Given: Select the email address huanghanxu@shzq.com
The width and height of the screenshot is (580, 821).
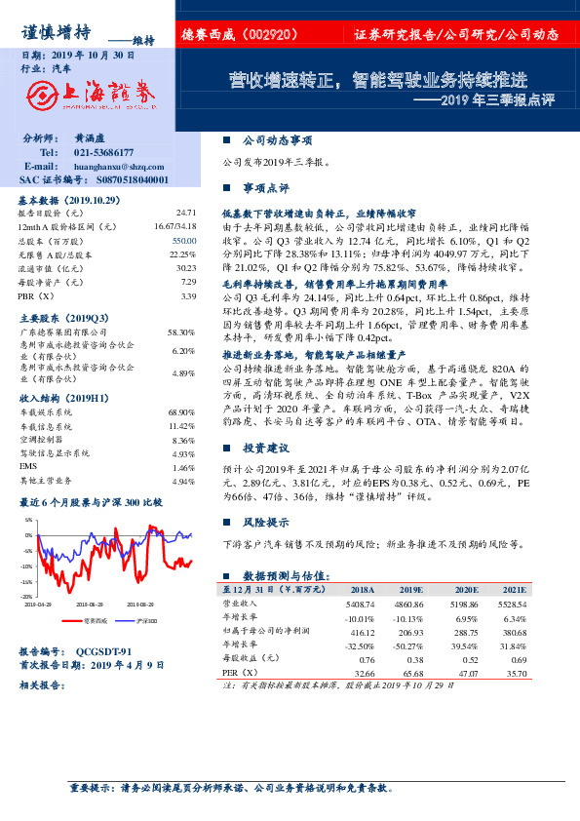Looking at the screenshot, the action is (x=117, y=167).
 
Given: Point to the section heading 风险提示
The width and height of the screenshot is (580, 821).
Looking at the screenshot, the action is (x=266, y=523).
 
